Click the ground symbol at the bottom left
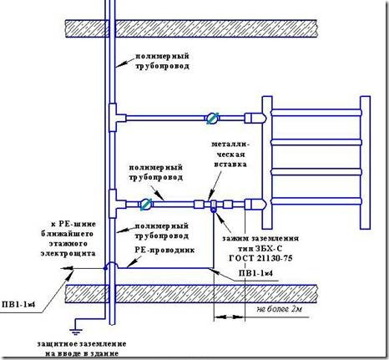coord(76,332)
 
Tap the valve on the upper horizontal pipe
coord(213,118)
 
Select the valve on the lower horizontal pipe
coord(146,205)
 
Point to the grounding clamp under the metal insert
coord(214,207)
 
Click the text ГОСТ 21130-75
coord(260,258)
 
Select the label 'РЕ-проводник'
coord(164,250)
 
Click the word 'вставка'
coord(230,164)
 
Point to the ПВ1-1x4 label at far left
coord(18,304)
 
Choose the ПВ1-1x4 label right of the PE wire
coord(255,273)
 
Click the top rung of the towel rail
coord(316,112)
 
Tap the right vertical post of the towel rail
coord(365,163)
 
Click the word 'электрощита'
coord(68,253)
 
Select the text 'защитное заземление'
coord(82,344)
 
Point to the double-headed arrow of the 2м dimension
coord(230,317)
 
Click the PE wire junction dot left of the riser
coord(105,268)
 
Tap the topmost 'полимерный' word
coord(163,56)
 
